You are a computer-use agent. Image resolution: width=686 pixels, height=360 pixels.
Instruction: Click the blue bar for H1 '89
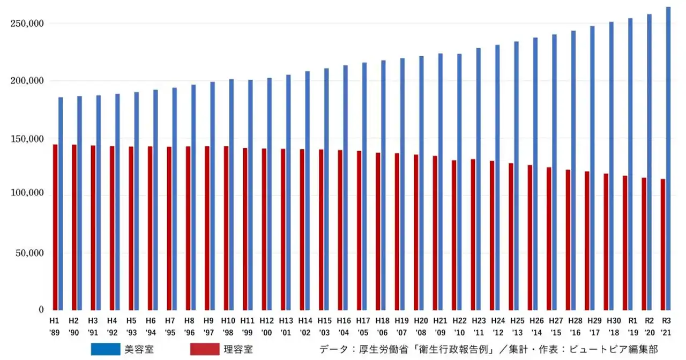tap(61, 204)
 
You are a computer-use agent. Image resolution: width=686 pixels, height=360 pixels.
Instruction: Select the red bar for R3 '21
tap(663, 244)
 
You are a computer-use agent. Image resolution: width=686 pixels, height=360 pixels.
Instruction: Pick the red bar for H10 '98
tap(226, 228)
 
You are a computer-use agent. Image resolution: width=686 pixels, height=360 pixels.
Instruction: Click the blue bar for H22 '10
tap(459, 182)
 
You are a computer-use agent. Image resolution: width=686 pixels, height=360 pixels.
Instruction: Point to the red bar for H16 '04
tap(340, 230)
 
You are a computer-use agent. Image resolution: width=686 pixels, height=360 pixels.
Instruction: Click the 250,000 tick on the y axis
tap(27, 24)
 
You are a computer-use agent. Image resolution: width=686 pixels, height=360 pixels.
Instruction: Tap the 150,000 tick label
tap(27, 138)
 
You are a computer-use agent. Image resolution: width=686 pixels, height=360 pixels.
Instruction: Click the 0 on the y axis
tap(40, 310)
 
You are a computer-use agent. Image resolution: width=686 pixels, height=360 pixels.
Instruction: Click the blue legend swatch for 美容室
tap(106, 349)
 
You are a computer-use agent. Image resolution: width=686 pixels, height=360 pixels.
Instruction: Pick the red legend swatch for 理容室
tap(205, 349)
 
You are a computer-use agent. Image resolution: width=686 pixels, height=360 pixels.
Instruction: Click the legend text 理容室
tap(238, 349)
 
